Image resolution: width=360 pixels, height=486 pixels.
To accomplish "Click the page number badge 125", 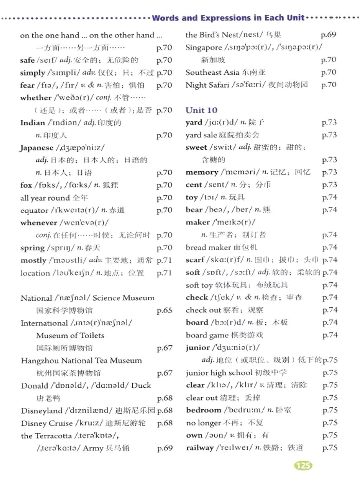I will point(303,466).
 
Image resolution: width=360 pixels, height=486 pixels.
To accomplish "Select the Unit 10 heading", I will point(201,110).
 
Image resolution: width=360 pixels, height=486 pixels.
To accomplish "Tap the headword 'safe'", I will point(27,60).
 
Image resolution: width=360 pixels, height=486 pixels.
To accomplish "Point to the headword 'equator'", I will point(34,210).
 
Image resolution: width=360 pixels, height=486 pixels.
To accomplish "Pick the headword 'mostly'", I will point(33,260).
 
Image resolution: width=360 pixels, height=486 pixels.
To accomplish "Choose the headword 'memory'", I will point(202,172).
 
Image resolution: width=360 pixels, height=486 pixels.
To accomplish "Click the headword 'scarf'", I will point(195,260).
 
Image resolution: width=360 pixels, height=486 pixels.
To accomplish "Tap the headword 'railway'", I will point(200,448).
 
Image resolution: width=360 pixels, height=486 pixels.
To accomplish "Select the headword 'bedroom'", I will point(204,410).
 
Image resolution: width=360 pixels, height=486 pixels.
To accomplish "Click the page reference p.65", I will point(164,310).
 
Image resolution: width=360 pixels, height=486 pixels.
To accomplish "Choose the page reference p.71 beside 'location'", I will point(164,273).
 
